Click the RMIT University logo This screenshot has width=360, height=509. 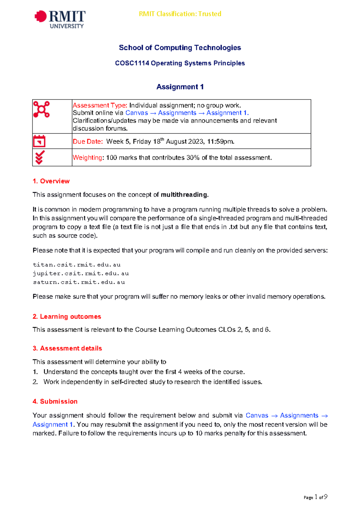(x=60, y=19)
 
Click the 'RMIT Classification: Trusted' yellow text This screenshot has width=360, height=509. (x=180, y=14)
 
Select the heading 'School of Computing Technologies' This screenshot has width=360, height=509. (x=180, y=48)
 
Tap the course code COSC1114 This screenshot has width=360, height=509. (x=132, y=63)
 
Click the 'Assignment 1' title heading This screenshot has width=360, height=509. (x=180, y=87)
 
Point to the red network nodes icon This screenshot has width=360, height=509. (x=41, y=109)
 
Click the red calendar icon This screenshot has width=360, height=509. (x=39, y=141)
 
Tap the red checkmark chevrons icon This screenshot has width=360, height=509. (x=40, y=157)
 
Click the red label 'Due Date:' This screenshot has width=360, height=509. (x=88, y=142)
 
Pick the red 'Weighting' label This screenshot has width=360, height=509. (x=87, y=158)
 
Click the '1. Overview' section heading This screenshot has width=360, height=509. (x=51, y=181)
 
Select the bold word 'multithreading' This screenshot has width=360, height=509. (x=184, y=195)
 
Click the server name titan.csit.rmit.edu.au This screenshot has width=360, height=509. (x=76, y=265)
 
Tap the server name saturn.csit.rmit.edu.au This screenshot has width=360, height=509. (x=79, y=282)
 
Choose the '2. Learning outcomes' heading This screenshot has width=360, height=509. (x=67, y=317)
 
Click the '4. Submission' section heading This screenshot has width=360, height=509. (x=55, y=401)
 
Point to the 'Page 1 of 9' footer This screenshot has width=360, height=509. (x=315, y=497)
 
